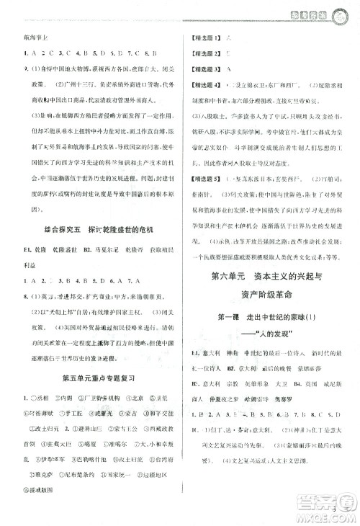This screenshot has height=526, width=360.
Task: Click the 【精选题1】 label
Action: (x=202, y=36)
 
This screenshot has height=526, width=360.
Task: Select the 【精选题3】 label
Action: (x=202, y=68)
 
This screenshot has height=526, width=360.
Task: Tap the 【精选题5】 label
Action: (x=202, y=179)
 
